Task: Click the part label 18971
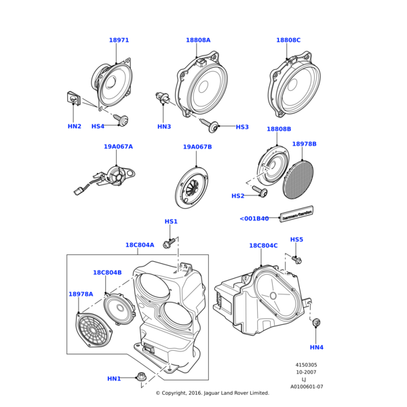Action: [119, 41]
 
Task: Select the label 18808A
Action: [198, 41]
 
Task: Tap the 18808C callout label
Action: [288, 41]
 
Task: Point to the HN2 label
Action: [75, 126]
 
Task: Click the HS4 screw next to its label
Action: [122, 121]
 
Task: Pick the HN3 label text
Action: [164, 126]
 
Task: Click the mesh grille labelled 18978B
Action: [300, 178]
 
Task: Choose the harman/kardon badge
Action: [296, 214]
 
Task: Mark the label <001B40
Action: [254, 218]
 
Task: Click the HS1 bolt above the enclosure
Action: [170, 241]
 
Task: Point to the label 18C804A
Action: [140, 245]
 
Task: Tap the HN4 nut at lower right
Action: [315, 324]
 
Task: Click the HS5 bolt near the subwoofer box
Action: [297, 259]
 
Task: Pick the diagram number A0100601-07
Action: [307, 387]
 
